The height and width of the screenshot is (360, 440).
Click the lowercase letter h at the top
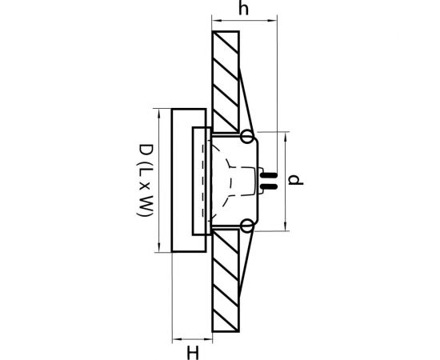tap(243, 9)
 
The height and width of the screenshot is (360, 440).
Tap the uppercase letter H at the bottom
tap(193, 353)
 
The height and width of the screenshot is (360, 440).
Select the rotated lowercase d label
tap(295, 180)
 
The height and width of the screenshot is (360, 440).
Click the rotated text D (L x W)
tap(146, 180)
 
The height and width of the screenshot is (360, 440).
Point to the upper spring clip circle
tap(246, 137)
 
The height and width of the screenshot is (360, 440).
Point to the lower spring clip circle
tap(247, 226)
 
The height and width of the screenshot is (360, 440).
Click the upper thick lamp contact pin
tap(269, 175)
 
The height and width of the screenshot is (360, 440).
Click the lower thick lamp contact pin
tap(269, 186)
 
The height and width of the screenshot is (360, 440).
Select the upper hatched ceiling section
tap(226, 82)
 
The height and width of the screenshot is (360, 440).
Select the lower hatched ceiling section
tap(226, 281)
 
